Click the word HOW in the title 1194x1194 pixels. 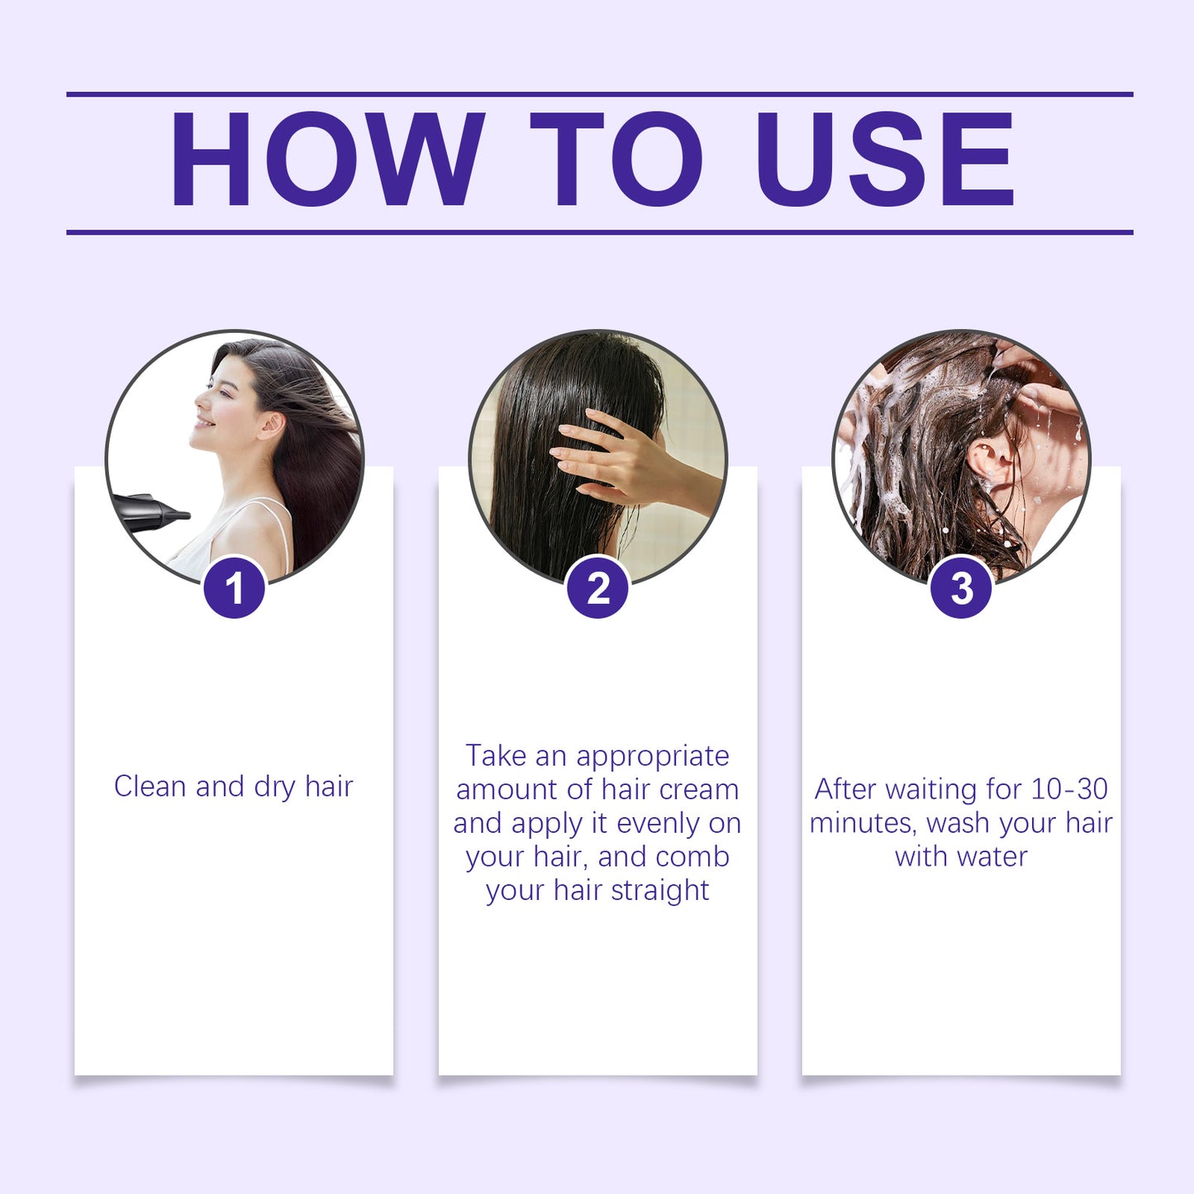click(326, 159)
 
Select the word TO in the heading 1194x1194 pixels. click(616, 159)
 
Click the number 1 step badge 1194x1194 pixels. click(235, 589)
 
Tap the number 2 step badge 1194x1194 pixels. click(598, 589)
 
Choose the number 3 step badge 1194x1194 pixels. click(961, 589)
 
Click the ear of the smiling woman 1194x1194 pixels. click(270, 425)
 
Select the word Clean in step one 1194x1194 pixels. click(150, 787)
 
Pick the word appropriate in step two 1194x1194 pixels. click(653, 757)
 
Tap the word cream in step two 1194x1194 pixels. click(698, 790)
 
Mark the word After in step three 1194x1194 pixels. click(845, 789)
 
